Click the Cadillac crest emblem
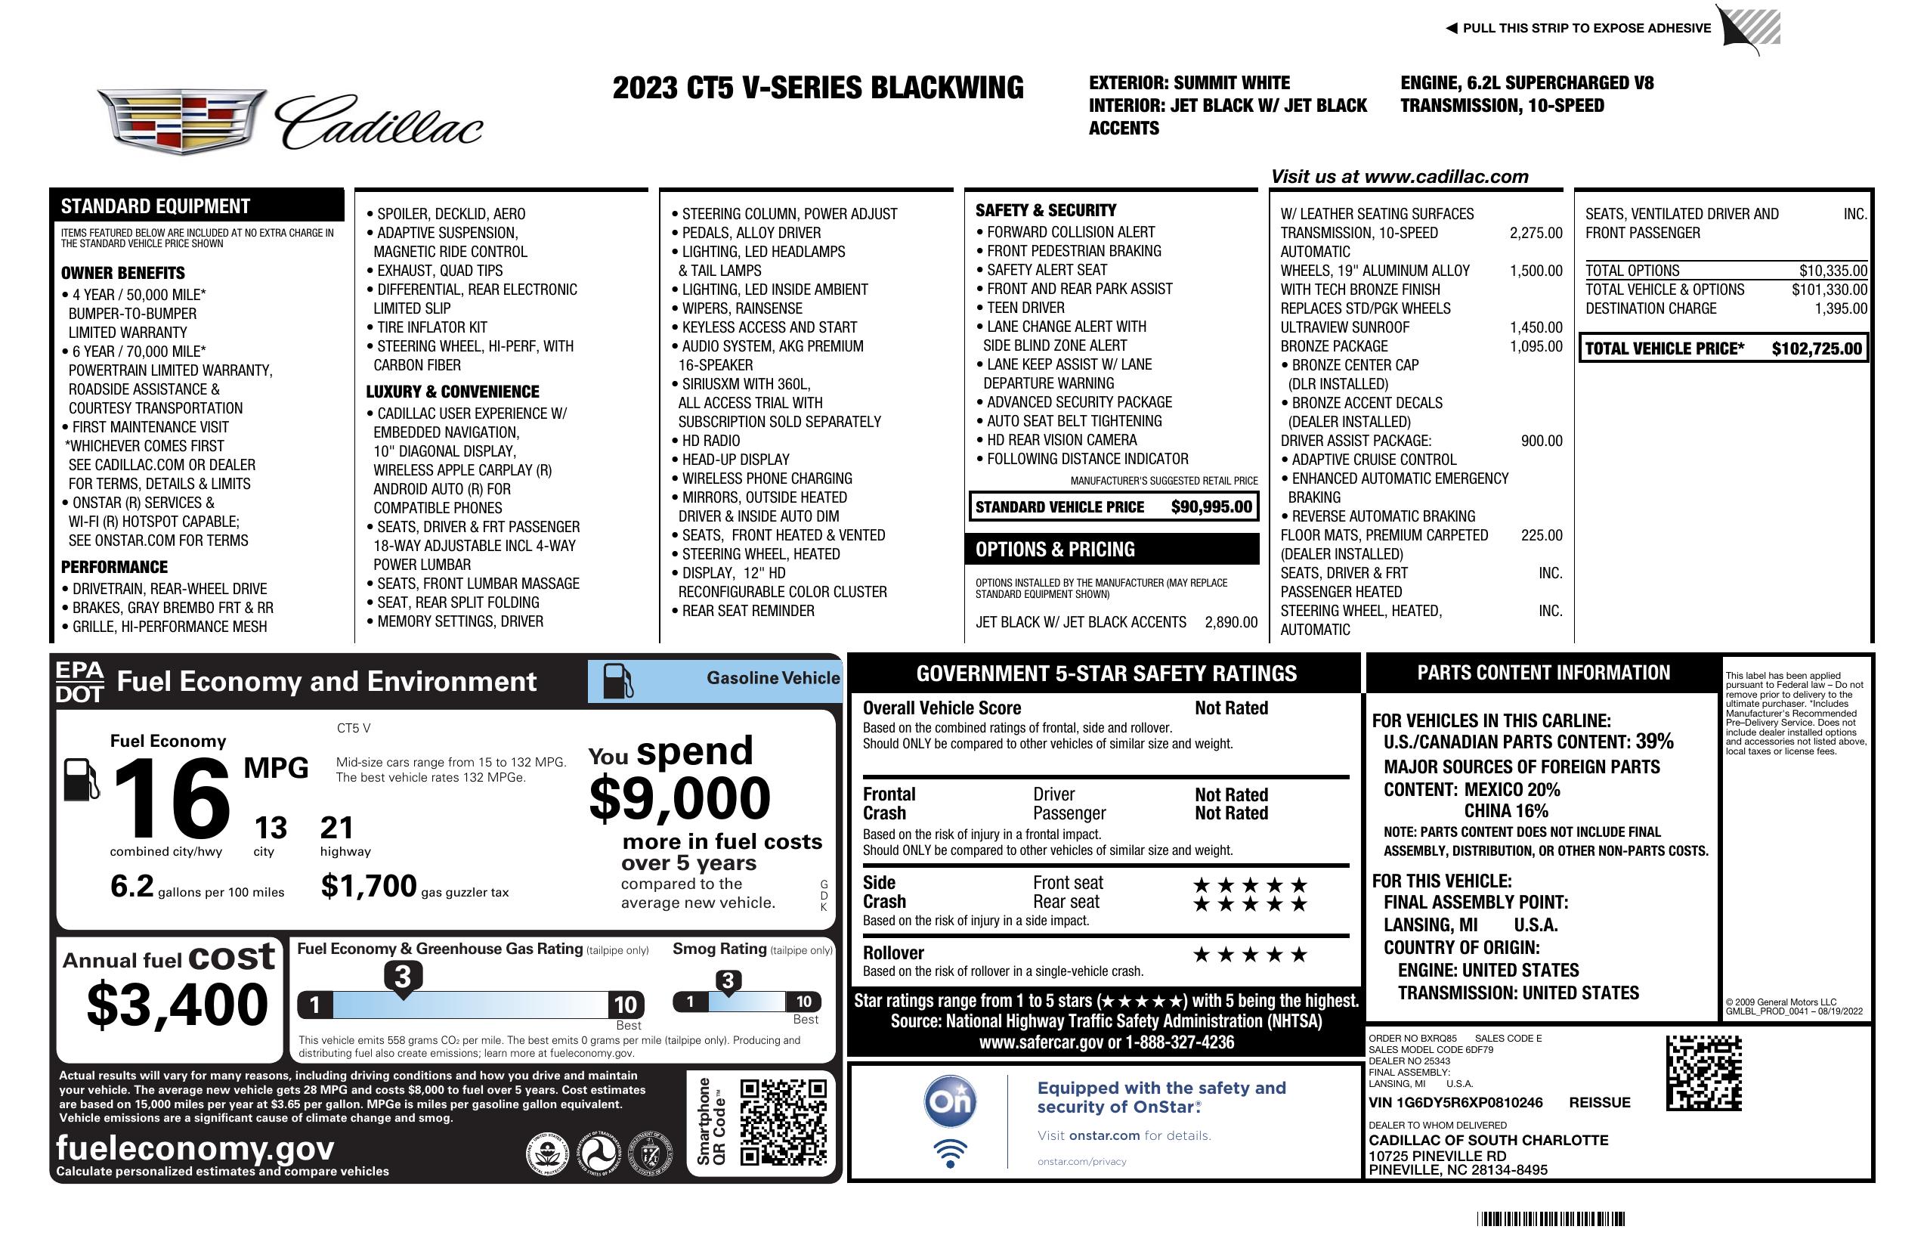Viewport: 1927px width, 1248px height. (x=182, y=122)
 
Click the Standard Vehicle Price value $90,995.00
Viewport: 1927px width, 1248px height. (x=1211, y=507)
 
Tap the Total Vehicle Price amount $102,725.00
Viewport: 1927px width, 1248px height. (x=1816, y=349)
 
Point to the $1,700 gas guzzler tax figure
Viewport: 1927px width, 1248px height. (x=369, y=886)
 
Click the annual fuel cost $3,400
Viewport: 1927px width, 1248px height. (x=178, y=1005)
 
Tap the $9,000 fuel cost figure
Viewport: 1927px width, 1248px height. (x=679, y=798)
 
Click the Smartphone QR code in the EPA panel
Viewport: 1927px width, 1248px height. (x=783, y=1122)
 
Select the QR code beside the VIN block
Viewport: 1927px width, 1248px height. (x=1703, y=1073)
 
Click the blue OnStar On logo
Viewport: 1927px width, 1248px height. (x=950, y=1101)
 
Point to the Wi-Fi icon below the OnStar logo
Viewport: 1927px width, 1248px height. (x=950, y=1153)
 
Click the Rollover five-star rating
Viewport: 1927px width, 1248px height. (x=1249, y=955)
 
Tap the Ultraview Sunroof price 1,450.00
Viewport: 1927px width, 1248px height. (x=1535, y=327)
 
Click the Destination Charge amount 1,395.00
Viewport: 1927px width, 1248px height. (x=1840, y=308)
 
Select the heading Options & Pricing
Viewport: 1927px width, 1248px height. (x=1054, y=550)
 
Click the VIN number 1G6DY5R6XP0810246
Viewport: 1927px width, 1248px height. (x=1455, y=1102)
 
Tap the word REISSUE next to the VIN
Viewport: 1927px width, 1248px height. (x=1599, y=1102)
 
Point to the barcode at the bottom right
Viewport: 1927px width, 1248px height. (x=1550, y=1219)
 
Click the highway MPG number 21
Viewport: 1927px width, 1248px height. (x=336, y=828)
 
